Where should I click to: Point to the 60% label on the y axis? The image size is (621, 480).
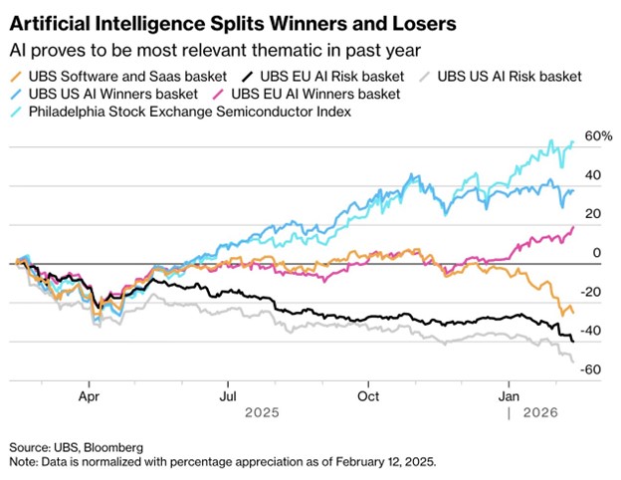point(596,135)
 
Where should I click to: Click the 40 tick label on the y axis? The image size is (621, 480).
point(593,174)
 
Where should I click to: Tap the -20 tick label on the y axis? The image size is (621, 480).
point(591,292)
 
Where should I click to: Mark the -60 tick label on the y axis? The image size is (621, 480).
point(591,369)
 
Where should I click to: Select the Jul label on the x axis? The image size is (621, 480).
point(229,394)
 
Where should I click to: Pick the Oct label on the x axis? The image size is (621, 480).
point(369,394)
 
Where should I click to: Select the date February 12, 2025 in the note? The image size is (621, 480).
point(377,463)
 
